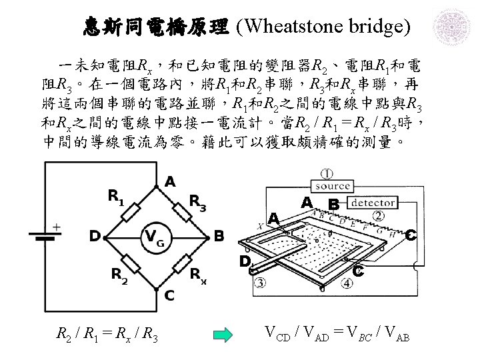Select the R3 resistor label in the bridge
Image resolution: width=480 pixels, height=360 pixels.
point(197,201)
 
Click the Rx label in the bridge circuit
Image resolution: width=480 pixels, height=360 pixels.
point(198,274)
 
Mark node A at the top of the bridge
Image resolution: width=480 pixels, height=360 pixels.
point(171,181)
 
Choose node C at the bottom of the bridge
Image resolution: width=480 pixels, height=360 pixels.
point(170,294)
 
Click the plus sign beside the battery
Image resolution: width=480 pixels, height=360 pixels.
point(56,227)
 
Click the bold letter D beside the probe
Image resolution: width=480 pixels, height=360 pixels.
point(245,261)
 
